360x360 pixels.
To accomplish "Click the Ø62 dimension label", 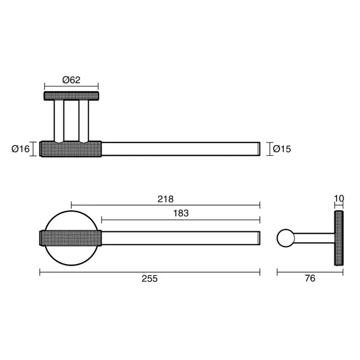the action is pyautogui.click(x=71, y=80).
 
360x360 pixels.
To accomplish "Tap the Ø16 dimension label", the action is pyautogui.click(x=21, y=149).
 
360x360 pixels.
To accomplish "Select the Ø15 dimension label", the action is pyautogui.click(x=282, y=149).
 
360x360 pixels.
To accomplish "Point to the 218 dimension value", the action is pyautogui.click(x=165, y=199).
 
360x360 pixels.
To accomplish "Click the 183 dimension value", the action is pyautogui.click(x=181, y=213).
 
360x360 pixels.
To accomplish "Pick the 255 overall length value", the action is pyautogui.click(x=150, y=278).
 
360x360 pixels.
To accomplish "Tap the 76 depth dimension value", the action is pyautogui.click(x=310, y=278).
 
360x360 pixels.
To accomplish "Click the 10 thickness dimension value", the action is pyautogui.click(x=339, y=198).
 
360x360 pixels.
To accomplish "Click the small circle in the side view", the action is pyautogui.click(x=286, y=238).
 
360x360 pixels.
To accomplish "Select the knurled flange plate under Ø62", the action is pyautogui.click(x=71, y=96).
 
